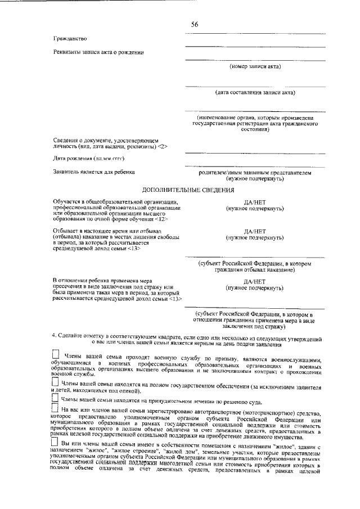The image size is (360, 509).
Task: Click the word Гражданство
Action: pyautogui.click(x=69, y=38)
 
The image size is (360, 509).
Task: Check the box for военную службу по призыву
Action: pyautogui.click(x=55, y=355)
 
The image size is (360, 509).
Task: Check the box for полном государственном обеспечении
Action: pyautogui.click(x=55, y=382)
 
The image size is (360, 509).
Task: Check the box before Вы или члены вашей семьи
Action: pyautogui.click(x=55, y=445)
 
